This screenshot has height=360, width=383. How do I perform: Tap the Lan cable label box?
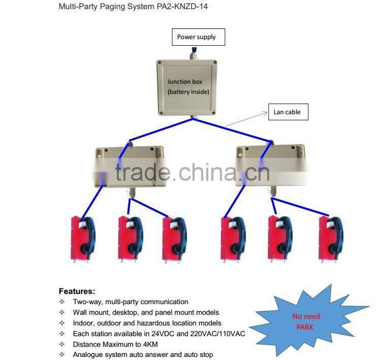(x=287, y=112)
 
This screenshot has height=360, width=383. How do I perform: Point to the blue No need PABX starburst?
(x=306, y=321)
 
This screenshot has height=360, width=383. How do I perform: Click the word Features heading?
(x=77, y=291)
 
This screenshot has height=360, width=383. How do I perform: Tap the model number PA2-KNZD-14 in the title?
(x=182, y=7)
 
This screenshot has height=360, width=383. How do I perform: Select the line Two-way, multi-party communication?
(x=130, y=302)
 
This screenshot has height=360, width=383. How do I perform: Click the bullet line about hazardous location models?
(x=147, y=323)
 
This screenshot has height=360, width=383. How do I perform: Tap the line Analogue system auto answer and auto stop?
(x=143, y=354)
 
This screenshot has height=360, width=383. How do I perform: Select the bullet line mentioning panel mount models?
(x=146, y=312)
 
